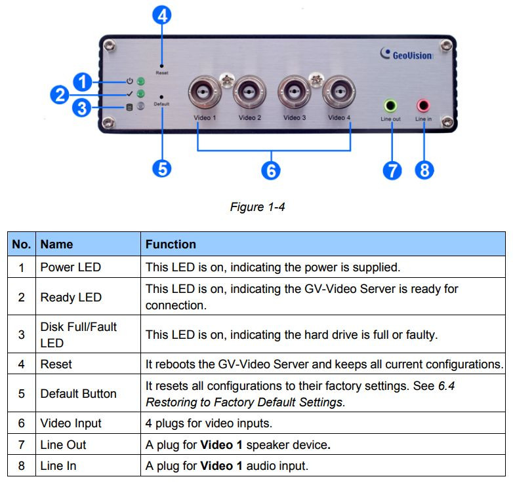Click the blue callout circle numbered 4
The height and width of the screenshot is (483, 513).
tap(161, 14)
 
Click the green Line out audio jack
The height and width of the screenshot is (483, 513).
tap(390, 105)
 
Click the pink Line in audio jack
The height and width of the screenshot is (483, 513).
tap(423, 105)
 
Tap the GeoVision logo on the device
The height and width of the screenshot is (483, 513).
tap(407, 55)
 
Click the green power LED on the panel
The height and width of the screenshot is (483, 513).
tap(140, 83)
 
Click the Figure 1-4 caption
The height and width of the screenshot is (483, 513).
tap(256, 207)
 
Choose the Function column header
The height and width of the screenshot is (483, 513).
tap(171, 244)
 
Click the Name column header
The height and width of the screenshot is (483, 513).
tap(56, 244)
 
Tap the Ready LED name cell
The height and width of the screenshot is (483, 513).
tap(71, 297)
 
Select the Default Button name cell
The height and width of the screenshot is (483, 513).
tap(78, 394)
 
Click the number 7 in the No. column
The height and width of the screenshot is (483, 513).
tap(22, 445)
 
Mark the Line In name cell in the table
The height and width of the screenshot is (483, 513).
tap(59, 467)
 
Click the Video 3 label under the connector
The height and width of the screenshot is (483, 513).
tap(295, 118)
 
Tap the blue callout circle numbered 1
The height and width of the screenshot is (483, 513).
tap(82, 82)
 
